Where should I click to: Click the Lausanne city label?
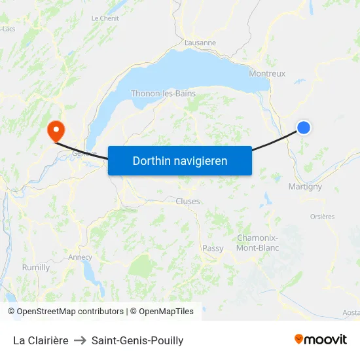point(200,43)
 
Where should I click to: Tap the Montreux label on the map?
point(267,74)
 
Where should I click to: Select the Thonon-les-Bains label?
point(163,94)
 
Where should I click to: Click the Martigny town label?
point(305,187)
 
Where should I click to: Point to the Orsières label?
point(322,217)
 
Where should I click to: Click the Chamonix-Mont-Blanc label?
point(257,243)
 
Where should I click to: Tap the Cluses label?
point(188,202)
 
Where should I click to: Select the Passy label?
point(213,248)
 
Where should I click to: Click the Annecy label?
point(80,257)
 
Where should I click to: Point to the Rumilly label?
point(36,267)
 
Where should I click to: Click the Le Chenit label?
point(105,18)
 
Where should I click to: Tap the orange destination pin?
point(55,128)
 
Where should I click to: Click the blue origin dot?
point(304,128)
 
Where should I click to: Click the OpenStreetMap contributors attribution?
point(65,312)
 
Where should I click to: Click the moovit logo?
point(320,339)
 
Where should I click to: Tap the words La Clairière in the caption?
point(41,340)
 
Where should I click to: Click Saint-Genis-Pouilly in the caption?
point(137,340)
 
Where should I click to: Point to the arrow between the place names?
point(80,340)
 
